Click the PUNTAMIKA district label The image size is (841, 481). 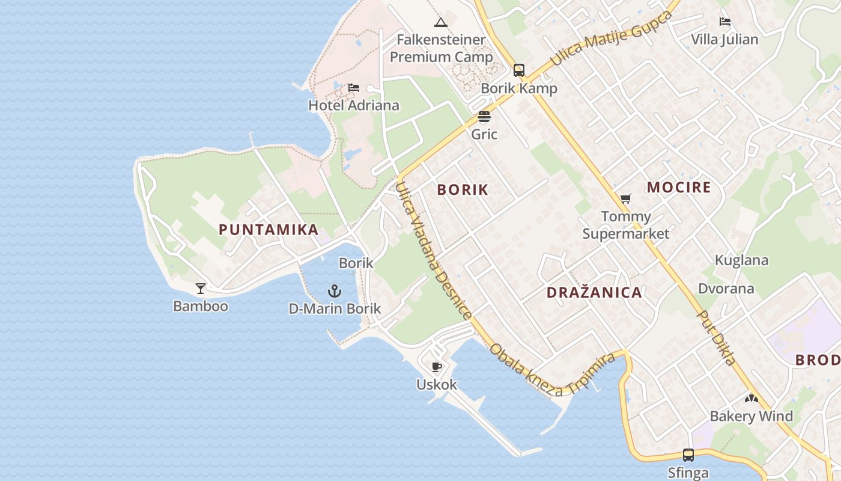click(269, 230)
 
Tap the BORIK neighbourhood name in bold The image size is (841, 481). click(463, 190)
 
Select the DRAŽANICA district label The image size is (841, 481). click(594, 293)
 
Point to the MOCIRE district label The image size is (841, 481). click(679, 188)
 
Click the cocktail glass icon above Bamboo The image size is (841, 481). click(201, 289)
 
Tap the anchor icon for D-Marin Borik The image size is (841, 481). click(335, 292)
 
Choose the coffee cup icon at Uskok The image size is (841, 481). click(437, 367)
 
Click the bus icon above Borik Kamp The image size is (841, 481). click(519, 70)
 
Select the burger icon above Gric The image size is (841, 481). click(484, 117)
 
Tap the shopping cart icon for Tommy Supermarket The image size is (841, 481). click(626, 198)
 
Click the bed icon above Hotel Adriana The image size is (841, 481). click(354, 88)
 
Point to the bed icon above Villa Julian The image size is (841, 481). click(725, 22)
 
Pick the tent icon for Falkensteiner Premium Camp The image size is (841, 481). click(441, 23)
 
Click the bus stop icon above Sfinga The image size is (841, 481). click(688, 455)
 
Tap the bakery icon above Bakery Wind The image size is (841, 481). click(751, 398)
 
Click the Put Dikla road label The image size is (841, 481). click(716, 338)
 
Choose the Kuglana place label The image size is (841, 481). click(741, 260)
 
